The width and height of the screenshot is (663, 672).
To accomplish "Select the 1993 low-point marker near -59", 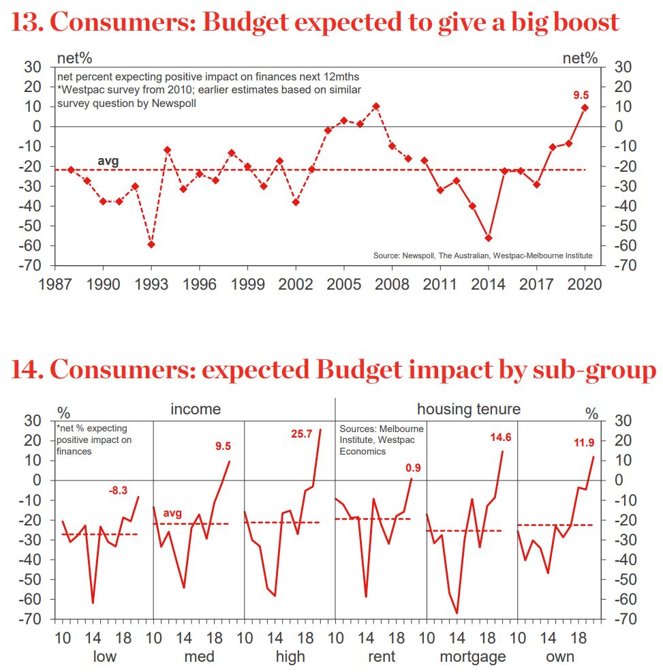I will point(151,244).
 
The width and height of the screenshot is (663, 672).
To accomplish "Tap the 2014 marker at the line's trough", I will point(488,238).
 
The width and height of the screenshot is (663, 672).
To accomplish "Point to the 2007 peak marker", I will point(376,106).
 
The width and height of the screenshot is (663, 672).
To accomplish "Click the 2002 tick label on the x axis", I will point(295,284).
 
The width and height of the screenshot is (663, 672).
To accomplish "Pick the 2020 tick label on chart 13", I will point(585,284).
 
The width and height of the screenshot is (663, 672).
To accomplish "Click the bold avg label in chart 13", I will point(108,162).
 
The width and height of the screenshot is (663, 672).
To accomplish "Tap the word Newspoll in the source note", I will point(410,256).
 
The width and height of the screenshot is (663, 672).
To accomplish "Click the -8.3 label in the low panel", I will point(123,489).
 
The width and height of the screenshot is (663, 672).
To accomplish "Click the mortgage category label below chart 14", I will point(472,656).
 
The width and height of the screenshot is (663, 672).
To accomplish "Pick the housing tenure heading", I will point(468,409).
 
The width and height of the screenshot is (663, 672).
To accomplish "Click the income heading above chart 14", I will point(196,409).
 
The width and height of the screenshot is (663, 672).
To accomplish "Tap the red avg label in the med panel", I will point(172,513).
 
